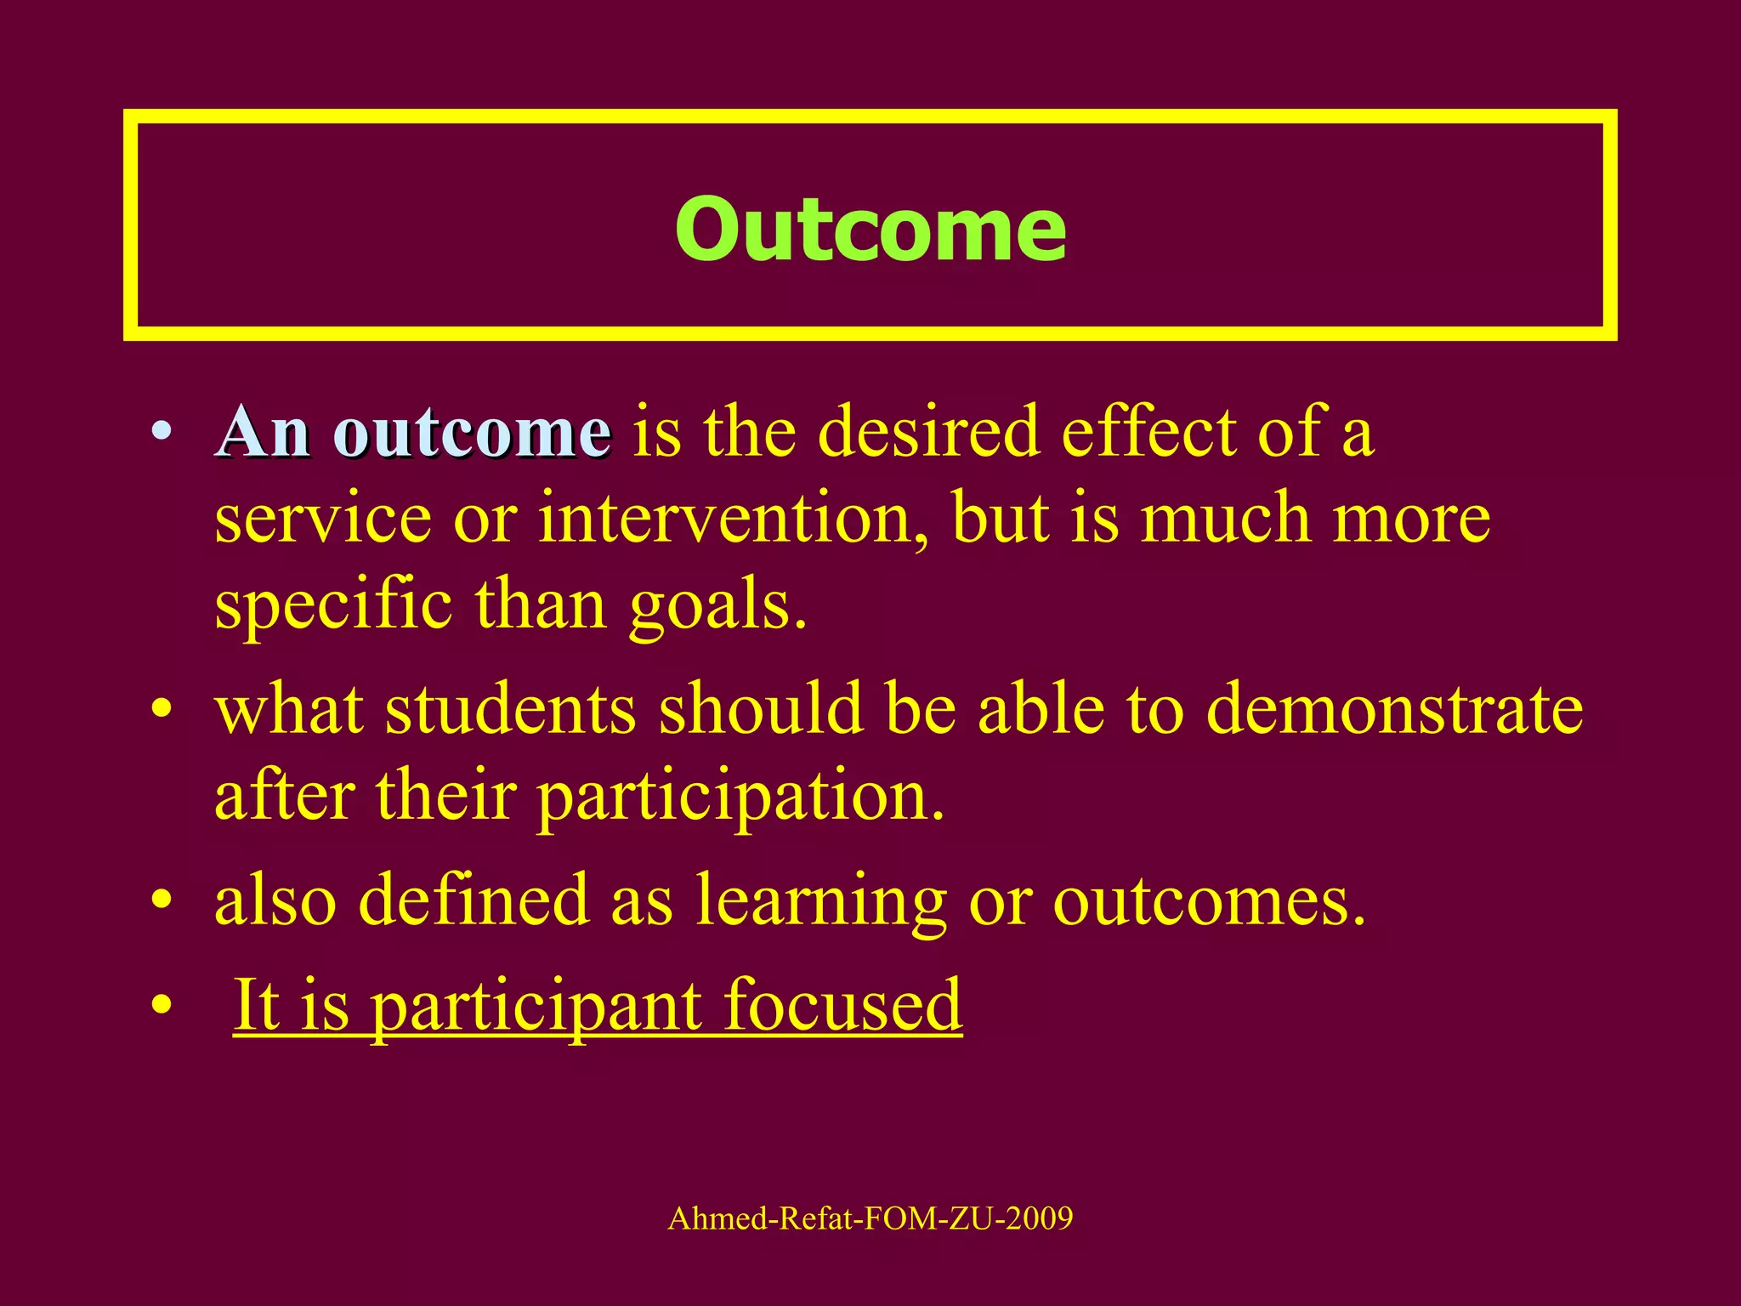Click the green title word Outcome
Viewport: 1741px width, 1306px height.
870,229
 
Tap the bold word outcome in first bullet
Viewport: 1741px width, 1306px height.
473,433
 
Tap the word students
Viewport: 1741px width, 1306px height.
510,709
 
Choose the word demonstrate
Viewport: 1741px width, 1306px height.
1394,709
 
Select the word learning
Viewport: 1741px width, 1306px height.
820,901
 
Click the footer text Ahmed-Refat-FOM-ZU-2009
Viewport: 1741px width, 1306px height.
870,1218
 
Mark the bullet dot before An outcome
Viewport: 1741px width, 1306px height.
162,432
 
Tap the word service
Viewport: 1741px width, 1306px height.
323,519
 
